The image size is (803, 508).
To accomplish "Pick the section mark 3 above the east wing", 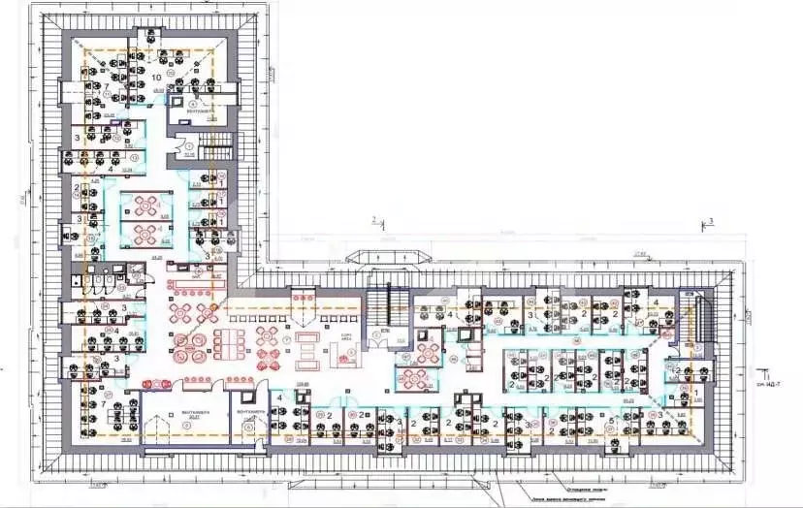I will [x=710, y=222].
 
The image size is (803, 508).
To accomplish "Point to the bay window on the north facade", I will [x=395, y=256].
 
